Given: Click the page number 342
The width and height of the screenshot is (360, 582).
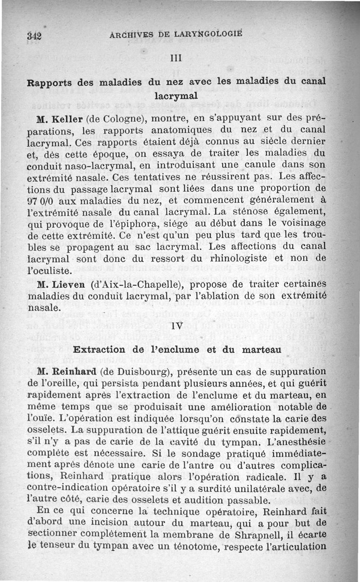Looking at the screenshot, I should [34, 36].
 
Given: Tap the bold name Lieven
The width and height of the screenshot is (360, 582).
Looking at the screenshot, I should [69, 285].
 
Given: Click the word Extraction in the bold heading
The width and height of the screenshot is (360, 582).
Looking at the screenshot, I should [99, 350].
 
